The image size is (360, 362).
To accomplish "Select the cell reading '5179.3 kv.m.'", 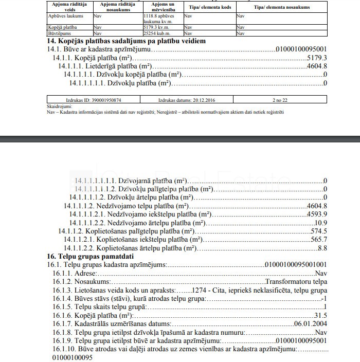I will (159, 27).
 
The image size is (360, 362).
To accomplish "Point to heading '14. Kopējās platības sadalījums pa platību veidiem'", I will (127, 41).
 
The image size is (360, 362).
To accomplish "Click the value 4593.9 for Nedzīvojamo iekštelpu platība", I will (316, 214).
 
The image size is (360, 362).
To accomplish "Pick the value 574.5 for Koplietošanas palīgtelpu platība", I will (318, 231).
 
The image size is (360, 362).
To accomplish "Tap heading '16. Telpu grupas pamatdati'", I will (90, 256).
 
